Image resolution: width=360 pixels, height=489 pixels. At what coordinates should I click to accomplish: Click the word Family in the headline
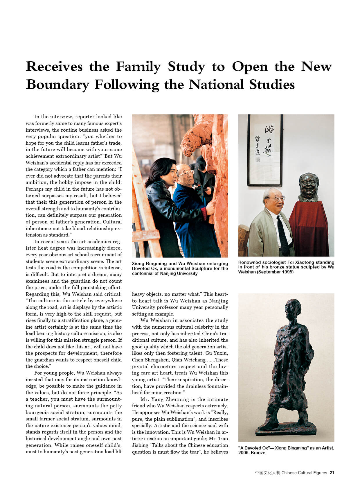point(138,67)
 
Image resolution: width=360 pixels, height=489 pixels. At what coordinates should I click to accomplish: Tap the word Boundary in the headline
point(57,85)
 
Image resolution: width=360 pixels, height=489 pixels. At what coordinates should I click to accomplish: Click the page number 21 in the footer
point(332,473)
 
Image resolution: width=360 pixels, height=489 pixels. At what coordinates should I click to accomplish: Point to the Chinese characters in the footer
point(267,473)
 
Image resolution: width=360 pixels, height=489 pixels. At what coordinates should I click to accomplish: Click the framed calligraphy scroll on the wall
point(265,150)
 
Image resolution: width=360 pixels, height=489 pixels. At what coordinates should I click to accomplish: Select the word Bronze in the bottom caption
point(258,453)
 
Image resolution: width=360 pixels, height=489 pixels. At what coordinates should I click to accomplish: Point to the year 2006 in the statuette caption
point(243,453)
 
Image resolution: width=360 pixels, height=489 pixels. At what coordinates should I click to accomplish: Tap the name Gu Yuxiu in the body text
point(217,353)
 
